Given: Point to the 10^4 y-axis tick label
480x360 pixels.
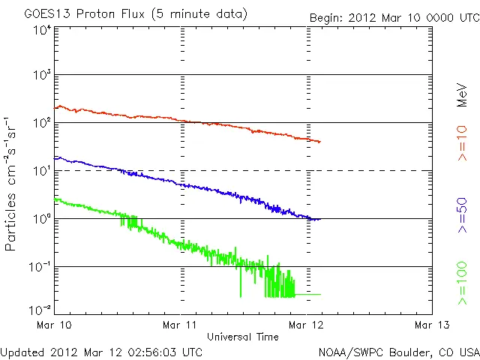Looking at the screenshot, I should tap(42, 29).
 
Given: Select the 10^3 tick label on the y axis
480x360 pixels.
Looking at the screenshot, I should tap(42, 75).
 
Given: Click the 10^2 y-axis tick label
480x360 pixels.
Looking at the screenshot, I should tap(42, 122).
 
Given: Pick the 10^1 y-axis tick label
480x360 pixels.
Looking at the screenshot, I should tap(42, 170).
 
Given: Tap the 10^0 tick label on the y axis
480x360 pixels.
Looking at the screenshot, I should tap(42, 218).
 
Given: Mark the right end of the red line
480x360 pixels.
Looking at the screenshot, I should tap(320, 142).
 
